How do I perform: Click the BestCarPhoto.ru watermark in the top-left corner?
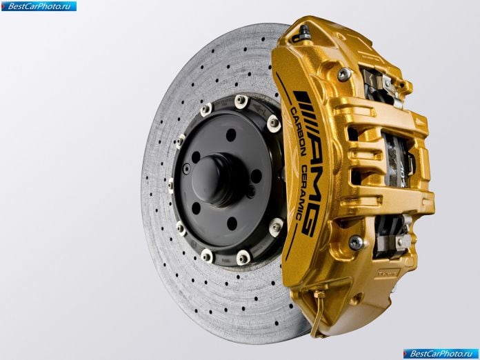click(x=39, y=6)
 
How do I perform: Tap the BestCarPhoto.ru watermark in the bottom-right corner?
click(x=441, y=354)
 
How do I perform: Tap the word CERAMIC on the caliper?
click(x=301, y=193)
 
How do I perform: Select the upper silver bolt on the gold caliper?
click(x=344, y=74)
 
